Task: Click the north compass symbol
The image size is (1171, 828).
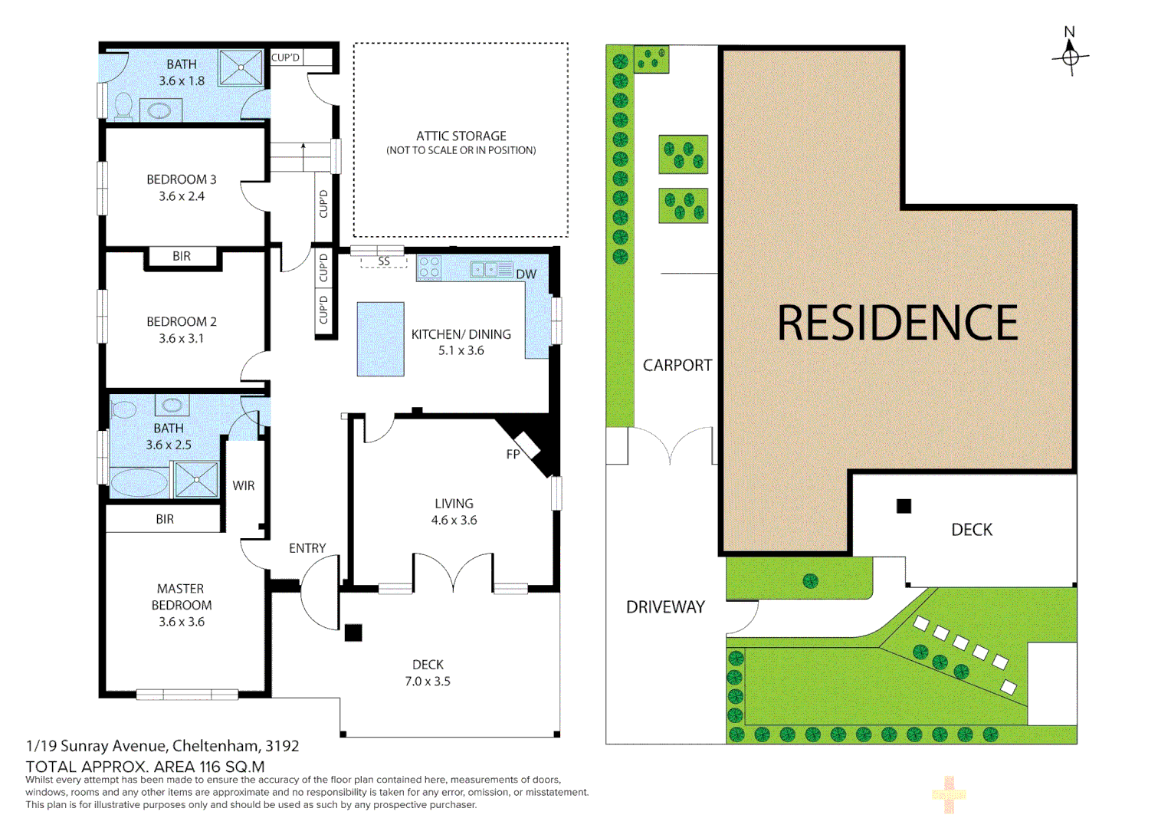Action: tap(1071, 55)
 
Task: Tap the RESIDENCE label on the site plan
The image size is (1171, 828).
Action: tap(897, 323)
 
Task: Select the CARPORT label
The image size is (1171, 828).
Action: tap(677, 366)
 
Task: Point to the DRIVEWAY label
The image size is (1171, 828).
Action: tap(665, 607)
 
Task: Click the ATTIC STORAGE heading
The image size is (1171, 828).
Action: tap(461, 136)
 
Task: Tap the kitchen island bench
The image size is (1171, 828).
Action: tap(380, 339)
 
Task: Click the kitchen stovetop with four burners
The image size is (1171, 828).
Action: tap(429, 268)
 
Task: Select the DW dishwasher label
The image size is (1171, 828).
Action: tap(526, 274)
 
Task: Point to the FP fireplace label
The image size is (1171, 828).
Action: tap(513, 455)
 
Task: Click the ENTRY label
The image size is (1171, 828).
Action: tap(307, 548)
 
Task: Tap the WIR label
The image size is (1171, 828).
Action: tap(244, 485)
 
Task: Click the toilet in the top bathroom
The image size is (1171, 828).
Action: tap(123, 107)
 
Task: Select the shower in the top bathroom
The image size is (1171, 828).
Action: tap(241, 67)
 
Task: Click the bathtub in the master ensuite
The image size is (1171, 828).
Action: tap(139, 483)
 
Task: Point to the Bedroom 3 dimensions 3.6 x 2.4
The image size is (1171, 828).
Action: tap(182, 196)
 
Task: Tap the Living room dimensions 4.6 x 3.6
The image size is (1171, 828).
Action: tap(454, 520)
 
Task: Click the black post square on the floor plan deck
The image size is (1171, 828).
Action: tap(353, 632)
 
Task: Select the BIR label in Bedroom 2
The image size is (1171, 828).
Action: tap(182, 256)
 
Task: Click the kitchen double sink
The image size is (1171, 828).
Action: tap(484, 269)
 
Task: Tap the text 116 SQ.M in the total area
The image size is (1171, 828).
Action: tap(232, 767)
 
